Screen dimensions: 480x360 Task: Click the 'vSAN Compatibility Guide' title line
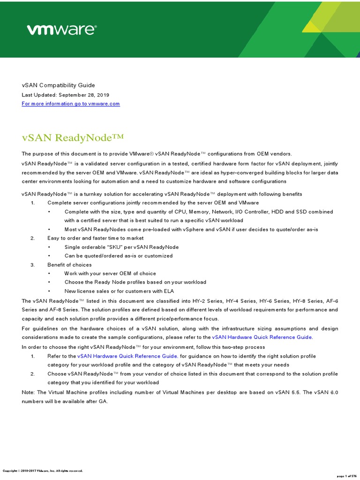click(58, 85)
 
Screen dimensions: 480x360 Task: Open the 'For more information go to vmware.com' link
click(71, 104)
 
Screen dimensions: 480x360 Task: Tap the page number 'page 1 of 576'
click(347, 475)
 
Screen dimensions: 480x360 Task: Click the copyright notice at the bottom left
click(43, 471)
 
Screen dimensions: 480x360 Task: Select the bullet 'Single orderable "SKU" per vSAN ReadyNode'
click(121, 247)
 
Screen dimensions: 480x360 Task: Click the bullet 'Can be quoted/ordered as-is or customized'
click(119, 256)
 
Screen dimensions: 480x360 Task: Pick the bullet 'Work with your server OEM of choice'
click(110, 273)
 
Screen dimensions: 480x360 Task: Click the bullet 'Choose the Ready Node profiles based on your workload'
click(135, 282)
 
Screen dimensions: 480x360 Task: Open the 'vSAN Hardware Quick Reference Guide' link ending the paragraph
click(262, 337)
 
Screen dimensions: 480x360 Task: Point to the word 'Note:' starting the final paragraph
click(29, 392)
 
